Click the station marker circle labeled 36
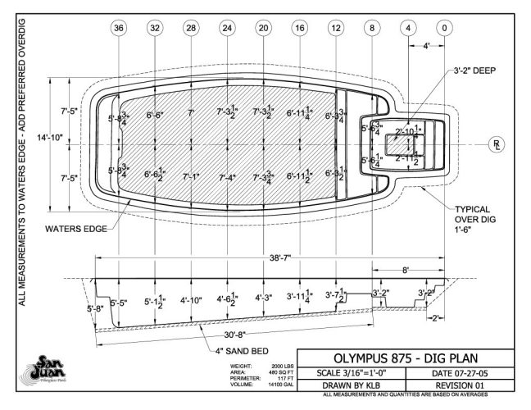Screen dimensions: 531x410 120,28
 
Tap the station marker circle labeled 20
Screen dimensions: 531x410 263,28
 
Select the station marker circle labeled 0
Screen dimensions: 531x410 443,28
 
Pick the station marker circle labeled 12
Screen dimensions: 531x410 335,28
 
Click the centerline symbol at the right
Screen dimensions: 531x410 497,146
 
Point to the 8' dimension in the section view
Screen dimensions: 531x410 407,268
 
